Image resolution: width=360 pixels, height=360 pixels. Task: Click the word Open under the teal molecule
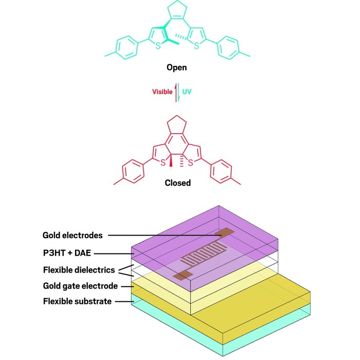click(x=177, y=68)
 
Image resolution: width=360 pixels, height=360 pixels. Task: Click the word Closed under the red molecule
click(x=177, y=183)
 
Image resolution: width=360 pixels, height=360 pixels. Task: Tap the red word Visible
click(x=162, y=92)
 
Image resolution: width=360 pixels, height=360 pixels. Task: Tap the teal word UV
click(x=187, y=92)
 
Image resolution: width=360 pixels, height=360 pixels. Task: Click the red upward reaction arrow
click(x=176, y=92)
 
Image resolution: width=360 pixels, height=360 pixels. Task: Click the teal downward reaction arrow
click(x=179, y=93)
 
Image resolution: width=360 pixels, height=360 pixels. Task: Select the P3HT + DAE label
click(x=70, y=253)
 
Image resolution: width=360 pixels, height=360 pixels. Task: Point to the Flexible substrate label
click(x=77, y=301)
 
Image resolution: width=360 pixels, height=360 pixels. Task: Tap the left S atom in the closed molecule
click(x=162, y=163)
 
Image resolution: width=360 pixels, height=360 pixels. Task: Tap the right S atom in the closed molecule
click(x=191, y=163)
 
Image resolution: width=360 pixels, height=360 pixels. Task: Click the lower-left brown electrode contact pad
click(x=180, y=276)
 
